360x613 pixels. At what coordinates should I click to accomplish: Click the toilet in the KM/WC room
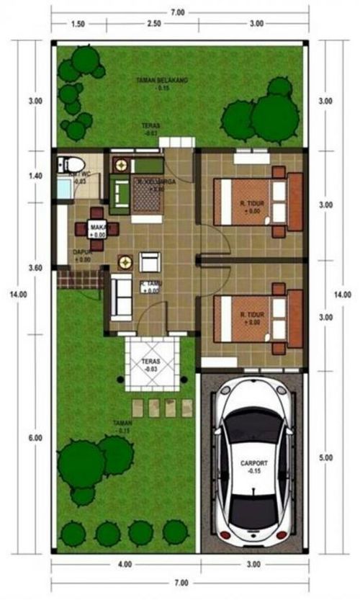click(x=76, y=163)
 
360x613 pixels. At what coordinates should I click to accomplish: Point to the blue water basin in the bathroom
click(x=63, y=189)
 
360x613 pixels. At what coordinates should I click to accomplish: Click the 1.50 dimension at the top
click(x=78, y=24)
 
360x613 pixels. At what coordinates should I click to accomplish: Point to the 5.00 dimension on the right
click(x=326, y=457)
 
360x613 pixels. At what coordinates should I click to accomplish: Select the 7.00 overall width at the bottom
click(x=180, y=582)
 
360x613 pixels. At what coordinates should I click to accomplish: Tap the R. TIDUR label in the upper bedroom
click(x=253, y=206)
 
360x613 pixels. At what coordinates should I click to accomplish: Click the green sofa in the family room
click(x=120, y=191)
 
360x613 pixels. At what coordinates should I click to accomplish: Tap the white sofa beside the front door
click(x=120, y=297)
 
